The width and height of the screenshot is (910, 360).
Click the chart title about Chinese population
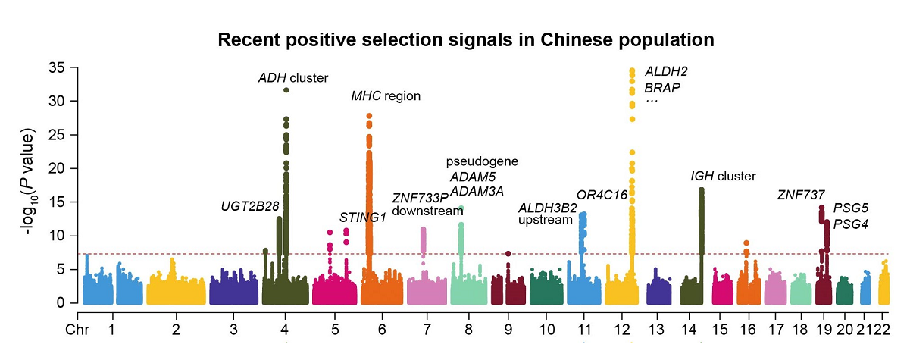tap(466, 39)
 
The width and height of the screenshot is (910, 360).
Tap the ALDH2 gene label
tap(666, 71)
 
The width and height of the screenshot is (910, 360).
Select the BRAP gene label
tap(663, 88)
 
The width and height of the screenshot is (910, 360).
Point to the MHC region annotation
tap(385, 96)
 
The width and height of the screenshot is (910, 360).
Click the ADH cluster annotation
tap(292, 78)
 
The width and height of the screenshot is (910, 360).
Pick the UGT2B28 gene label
tap(250, 206)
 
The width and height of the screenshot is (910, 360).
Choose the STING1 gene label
tap(363, 218)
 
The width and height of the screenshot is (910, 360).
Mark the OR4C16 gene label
tap(602, 195)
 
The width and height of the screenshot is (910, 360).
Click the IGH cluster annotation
tap(723, 177)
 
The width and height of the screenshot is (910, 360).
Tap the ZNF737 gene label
tap(801, 195)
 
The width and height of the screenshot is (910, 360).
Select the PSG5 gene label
tap(851, 208)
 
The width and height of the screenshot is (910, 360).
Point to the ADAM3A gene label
tap(477, 191)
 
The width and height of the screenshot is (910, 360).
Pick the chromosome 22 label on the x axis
tap(882, 330)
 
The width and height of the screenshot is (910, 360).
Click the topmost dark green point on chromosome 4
tap(286, 90)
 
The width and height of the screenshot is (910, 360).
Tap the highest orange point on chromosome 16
tap(746, 243)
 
